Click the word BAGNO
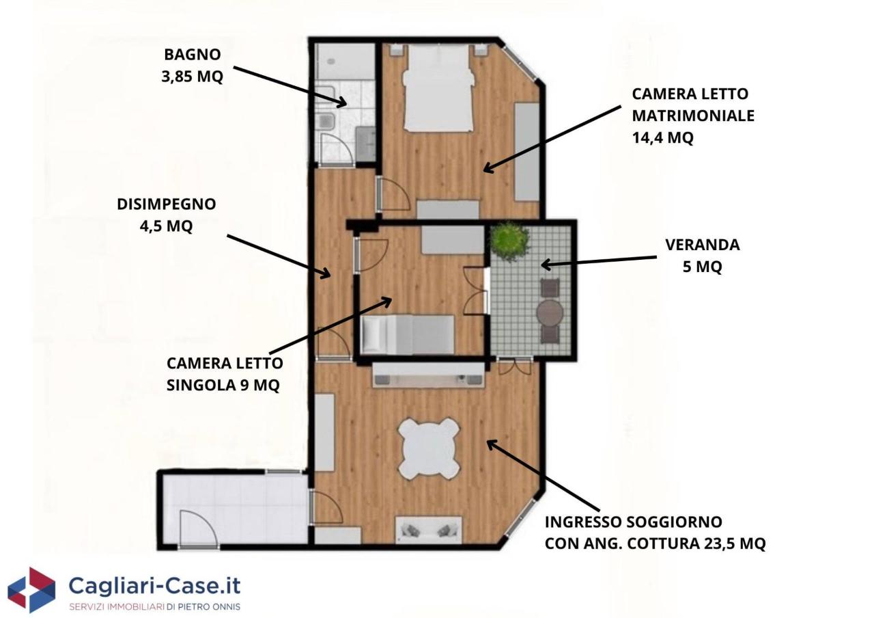[x=193, y=55]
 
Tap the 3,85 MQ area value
[x=193, y=77]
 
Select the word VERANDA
[x=703, y=245]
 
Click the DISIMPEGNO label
[x=166, y=204]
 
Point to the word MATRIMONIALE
[x=693, y=116]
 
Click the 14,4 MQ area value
[x=663, y=137]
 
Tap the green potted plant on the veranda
[x=509, y=241]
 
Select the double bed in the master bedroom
[x=438, y=88]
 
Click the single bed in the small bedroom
[x=408, y=335]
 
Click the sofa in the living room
[x=428, y=530]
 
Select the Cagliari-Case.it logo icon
[x=31, y=590]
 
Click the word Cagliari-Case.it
[x=154, y=587]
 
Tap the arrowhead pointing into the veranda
[x=546, y=265]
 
